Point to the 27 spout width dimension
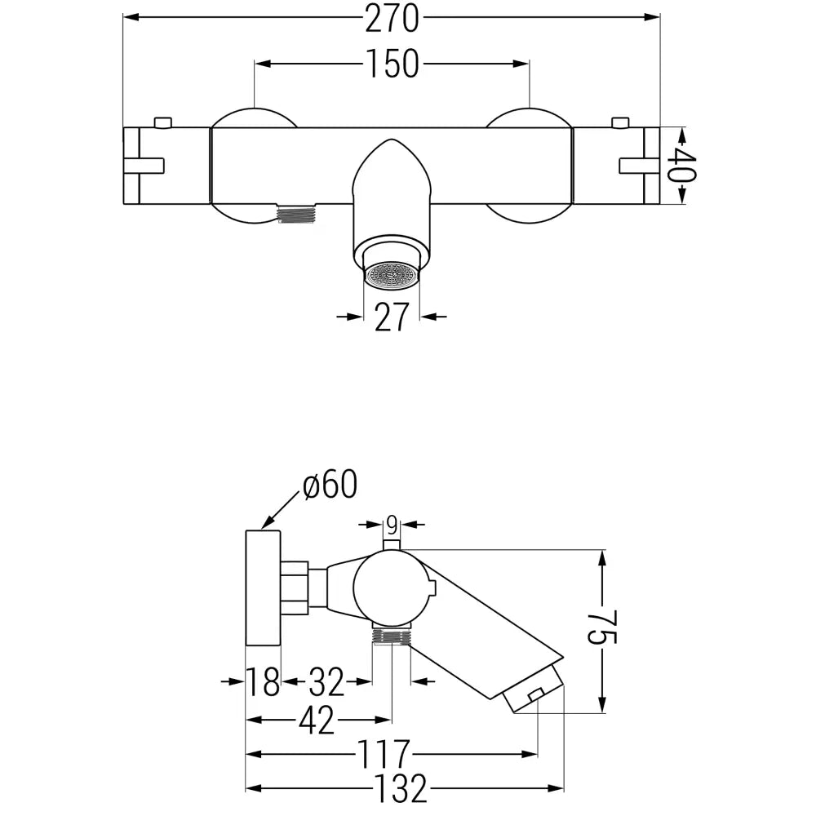pyautogui.click(x=391, y=317)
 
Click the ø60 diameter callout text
pyautogui.click(x=330, y=486)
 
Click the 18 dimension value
pyautogui.click(x=264, y=681)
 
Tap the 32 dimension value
pyautogui.click(x=326, y=681)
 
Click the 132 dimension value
pyautogui.click(x=401, y=789)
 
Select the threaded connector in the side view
pyautogui.click(x=390, y=635)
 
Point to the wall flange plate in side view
pyautogui.click(x=263, y=588)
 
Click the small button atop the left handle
pyautogui.click(x=162, y=122)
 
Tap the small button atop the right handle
pyautogui.click(x=620, y=122)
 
